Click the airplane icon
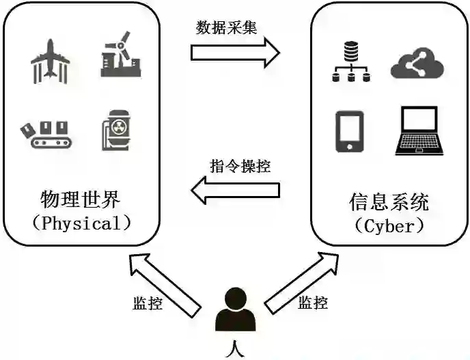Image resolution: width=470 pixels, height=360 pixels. [50, 61]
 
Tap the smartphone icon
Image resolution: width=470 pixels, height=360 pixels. [349, 130]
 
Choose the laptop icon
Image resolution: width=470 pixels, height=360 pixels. [417, 130]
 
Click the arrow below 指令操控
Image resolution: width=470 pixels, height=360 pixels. [235, 189]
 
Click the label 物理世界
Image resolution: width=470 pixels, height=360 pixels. [81, 201]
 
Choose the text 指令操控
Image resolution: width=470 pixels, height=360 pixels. [238, 167]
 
